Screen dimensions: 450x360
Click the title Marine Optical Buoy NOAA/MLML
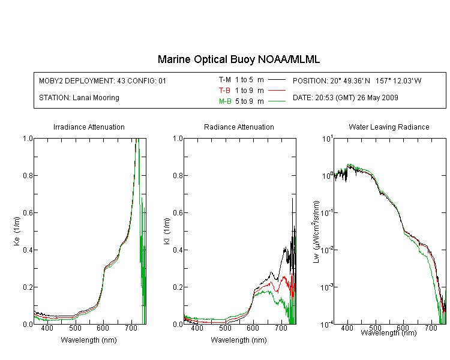click(238, 59)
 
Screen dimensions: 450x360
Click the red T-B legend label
click(224, 91)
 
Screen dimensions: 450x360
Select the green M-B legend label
click(225, 101)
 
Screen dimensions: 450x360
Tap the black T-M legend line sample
click(277, 80)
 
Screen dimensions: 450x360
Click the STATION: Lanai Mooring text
click(79, 98)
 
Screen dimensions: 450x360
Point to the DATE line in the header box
click(345, 98)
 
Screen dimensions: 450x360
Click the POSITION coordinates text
click(357, 80)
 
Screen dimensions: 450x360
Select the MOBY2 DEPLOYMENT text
click(103, 80)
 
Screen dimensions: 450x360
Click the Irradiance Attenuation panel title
click(89, 127)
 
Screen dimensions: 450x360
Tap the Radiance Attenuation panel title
click(239, 127)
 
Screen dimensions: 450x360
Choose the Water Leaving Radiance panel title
click(389, 127)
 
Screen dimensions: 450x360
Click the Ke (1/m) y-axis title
click(17, 231)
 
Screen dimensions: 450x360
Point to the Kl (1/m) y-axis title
click(167, 231)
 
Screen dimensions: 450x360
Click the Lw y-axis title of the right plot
click(316, 232)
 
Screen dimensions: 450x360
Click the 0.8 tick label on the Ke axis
click(28, 175)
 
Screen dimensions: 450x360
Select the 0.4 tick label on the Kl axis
click(178, 250)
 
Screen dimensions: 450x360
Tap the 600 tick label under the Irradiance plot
click(103, 328)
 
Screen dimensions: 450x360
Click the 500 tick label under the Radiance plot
click(225, 328)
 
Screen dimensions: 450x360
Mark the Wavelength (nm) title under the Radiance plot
click(239, 340)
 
